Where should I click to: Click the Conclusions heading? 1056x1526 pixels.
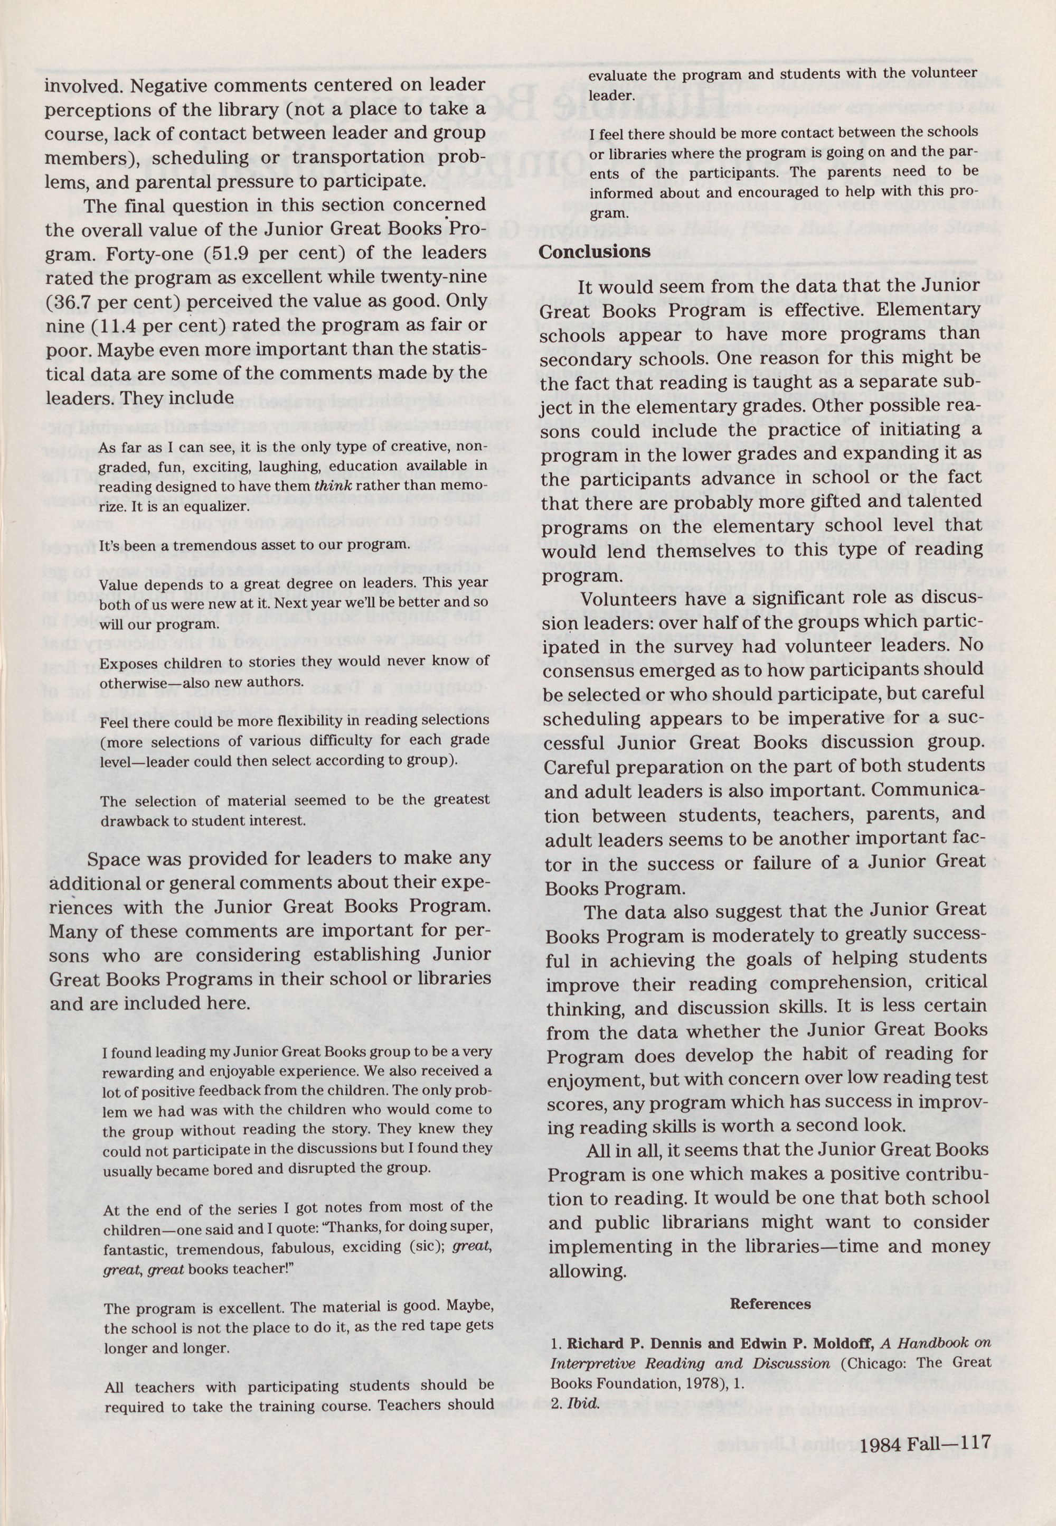click(593, 252)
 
